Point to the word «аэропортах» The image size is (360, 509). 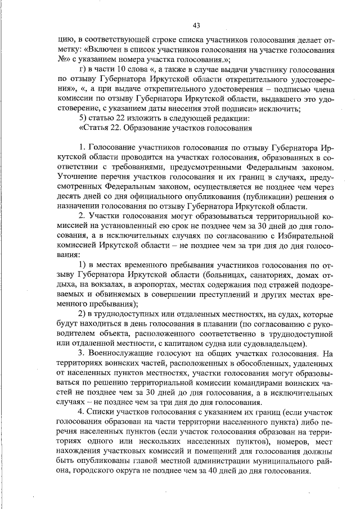pos(138,283)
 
